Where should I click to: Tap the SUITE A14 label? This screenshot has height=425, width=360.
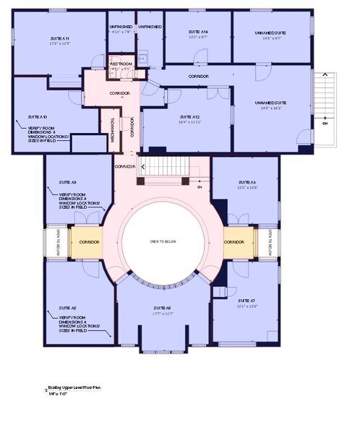coord(198,33)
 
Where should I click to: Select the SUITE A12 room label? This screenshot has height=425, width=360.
coord(190,116)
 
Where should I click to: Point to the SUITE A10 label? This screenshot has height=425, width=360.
coord(38,116)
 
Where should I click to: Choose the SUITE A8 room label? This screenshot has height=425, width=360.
coord(247,183)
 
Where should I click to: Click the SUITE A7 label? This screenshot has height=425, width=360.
coord(247,300)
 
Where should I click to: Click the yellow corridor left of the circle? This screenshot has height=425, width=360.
coord(89,241)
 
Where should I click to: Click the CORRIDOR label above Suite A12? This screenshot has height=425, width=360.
coord(199,77)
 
